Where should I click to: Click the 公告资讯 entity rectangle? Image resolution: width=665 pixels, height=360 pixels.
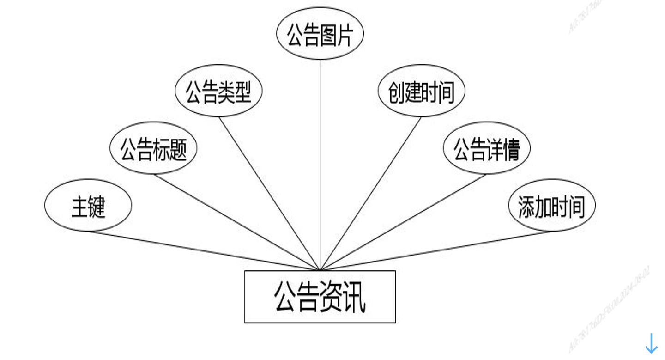(x=320, y=296)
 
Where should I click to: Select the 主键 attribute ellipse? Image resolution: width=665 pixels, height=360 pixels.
(x=88, y=205)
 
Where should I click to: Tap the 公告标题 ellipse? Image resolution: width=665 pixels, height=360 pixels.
(x=153, y=148)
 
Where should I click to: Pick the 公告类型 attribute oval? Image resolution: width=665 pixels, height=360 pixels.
(x=218, y=91)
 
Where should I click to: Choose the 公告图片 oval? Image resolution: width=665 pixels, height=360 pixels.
(x=320, y=34)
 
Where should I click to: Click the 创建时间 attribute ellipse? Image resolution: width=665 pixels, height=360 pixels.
(x=421, y=91)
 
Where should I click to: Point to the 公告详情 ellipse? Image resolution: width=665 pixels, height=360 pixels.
(x=486, y=148)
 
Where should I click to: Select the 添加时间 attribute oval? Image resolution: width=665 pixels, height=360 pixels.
(x=551, y=205)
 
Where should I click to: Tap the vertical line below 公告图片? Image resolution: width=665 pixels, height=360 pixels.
(x=320, y=162)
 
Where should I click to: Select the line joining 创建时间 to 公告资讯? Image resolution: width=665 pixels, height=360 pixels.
(x=371, y=193)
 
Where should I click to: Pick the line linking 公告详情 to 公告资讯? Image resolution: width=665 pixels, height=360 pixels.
(x=403, y=222)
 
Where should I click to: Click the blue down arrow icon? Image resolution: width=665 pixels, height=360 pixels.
(x=651, y=344)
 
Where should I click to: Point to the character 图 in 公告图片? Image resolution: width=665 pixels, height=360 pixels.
(x=327, y=35)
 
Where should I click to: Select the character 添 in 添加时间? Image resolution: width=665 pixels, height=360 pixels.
(x=526, y=207)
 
